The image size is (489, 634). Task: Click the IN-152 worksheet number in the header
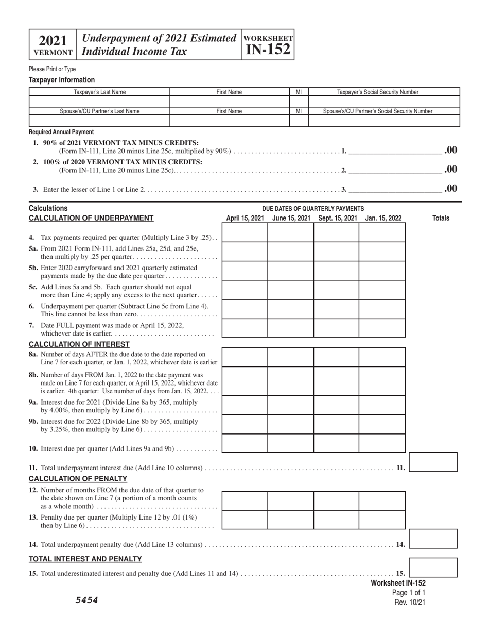pos(268,49)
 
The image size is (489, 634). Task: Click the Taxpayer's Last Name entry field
pos(99,102)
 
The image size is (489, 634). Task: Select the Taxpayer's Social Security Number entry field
pos(383,102)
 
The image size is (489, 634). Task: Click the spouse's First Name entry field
pos(229,121)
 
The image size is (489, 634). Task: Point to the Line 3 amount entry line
pos(395,189)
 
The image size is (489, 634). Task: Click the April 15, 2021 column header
pos(245,219)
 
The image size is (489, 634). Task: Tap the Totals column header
pos(440,219)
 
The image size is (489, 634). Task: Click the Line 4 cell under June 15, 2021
pos(290,232)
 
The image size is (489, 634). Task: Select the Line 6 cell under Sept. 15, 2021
pos(336,309)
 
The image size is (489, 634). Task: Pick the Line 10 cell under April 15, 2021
pos(244,443)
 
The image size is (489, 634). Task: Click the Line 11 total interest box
pos(433,462)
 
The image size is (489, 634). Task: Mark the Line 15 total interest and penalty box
pos(433,568)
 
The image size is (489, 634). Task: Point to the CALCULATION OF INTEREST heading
pos(72,344)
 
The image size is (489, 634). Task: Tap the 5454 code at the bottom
pos(87,600)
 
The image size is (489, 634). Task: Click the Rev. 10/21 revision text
pos(410,602)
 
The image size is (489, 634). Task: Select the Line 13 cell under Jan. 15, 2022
pos(382,520)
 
